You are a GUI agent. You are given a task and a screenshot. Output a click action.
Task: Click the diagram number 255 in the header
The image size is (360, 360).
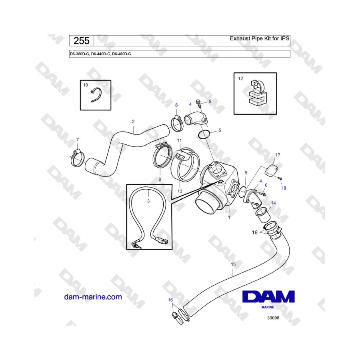click(82, 41)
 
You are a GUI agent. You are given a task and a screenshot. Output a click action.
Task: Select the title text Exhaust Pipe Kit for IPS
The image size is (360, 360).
click(260, 38)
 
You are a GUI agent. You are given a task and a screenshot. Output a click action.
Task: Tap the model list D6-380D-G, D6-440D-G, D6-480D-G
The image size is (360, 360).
click(100, 54)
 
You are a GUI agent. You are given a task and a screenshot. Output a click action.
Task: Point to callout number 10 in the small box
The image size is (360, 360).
click(86, 85)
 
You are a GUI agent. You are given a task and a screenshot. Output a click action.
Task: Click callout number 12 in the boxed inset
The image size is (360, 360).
click(240, 78)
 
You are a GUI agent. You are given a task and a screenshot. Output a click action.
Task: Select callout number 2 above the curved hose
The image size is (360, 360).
click(133, 122)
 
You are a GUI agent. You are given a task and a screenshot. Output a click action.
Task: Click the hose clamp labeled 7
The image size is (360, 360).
click(78, 158)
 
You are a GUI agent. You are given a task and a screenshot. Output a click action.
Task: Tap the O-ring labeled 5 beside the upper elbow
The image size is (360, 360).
click(204, 134)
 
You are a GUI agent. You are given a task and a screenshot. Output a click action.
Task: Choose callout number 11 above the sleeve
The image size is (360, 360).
click(179, 140)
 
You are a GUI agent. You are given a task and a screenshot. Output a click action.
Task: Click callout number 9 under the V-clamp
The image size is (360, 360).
click(160, 179)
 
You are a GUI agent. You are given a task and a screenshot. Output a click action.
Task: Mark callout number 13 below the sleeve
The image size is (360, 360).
click(180, 191)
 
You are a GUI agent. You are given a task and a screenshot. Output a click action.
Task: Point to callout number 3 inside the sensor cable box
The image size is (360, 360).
click(148, 201)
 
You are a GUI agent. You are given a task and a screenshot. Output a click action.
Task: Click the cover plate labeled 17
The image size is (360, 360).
click(271, 170)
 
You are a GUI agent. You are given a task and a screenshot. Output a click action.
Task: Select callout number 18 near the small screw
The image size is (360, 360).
click(284, 188)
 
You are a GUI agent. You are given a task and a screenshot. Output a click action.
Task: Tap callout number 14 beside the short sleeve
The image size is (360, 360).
click(274, 203)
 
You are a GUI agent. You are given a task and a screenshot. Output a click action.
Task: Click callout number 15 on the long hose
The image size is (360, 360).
click(233, 264)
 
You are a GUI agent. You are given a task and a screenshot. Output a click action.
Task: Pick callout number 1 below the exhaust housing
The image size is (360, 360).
click(229, 217)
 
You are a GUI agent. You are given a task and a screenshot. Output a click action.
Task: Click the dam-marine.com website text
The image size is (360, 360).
click(93, 297)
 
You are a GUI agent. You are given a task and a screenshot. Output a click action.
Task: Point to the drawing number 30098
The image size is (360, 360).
click(273, 318)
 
